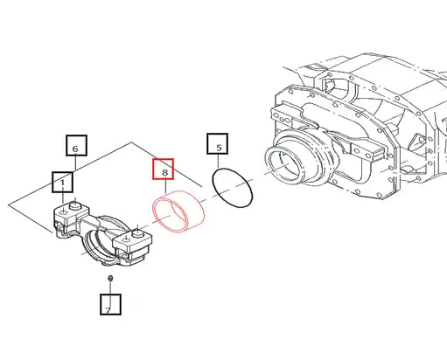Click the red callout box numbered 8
[164, 169]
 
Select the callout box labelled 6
[76, 145]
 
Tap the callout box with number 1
[63, 182]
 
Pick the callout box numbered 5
[218, 143]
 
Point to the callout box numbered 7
[110, 304]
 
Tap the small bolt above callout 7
[110, 278]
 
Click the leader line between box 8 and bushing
[165, 187]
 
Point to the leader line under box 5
[218, 162]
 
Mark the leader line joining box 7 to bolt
[110, 287]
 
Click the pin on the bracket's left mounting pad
[74, 205]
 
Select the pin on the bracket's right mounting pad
[136, 233]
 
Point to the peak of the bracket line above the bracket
[131, 142]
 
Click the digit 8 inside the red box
[164, 172]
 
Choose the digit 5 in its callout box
[219, 148]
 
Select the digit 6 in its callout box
[75, 149]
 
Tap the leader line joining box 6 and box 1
[75, 163]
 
